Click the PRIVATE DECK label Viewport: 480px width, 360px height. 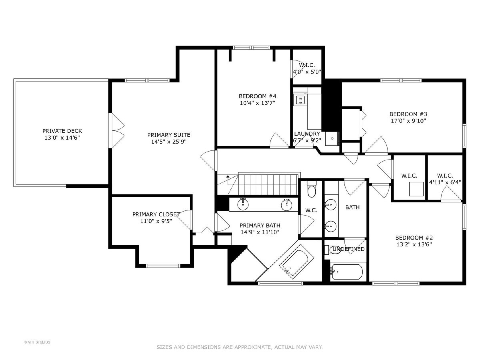coord(62,131)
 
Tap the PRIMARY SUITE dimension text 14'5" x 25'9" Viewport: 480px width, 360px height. coord(169,142)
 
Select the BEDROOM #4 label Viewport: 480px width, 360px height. coord(257,96)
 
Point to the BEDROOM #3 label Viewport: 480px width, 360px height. coord(408,114)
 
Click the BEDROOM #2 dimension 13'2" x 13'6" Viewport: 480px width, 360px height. coord(414,244)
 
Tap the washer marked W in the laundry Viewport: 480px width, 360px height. coord(300,100)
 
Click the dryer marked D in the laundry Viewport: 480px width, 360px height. coord(332,138)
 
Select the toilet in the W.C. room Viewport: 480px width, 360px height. coord(311,189)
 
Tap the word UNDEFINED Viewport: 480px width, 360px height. coord(348,249)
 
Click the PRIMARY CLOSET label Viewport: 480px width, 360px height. coord(156,214)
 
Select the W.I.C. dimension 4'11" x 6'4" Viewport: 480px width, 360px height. coord(445,182)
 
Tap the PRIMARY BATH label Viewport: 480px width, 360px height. coord(260,225)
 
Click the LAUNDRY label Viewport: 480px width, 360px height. coord(307,134)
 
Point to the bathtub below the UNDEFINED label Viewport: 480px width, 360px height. coord(347,272)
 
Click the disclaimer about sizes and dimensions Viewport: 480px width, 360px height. coord(240,347)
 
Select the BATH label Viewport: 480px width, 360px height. coord(352,207)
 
